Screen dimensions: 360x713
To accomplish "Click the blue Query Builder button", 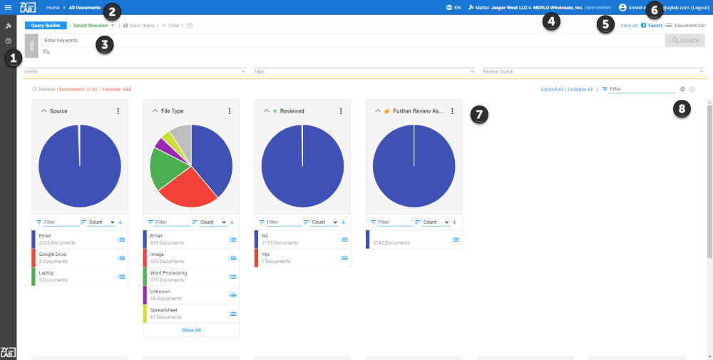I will coord(46,25).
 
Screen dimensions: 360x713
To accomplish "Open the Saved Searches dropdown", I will coord(93,25).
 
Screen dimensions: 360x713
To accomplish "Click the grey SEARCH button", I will coord(684,41).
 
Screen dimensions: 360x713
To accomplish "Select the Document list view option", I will coord(685,25).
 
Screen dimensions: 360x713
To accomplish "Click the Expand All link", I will coord(552,89).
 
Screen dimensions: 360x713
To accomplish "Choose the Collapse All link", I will coord(580,89).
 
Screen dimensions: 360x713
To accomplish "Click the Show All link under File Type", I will coord(191,330).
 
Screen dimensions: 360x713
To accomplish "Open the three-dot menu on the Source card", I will coord(118,111).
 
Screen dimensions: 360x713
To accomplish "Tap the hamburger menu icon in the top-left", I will coord(8,7).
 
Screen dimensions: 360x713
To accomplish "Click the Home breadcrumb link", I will coord(53,7).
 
